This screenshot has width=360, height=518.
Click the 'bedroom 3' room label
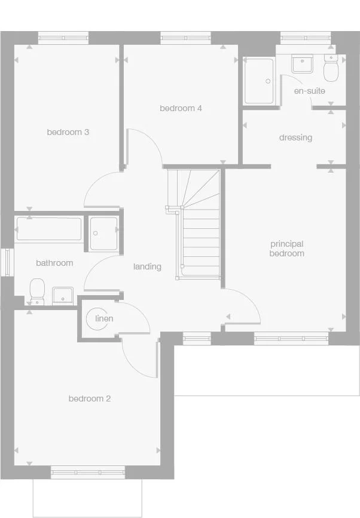coord(68,132)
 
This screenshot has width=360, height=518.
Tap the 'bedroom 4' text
coord(181,108)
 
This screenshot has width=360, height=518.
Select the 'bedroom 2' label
coord(89,399)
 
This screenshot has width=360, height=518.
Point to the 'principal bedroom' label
coord(287,249)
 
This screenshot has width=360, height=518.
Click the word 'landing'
coord(147,266)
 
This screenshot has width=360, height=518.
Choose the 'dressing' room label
coord(295,137)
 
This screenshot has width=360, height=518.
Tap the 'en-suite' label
coord(309,91)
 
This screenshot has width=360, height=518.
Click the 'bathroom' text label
coord(54,263)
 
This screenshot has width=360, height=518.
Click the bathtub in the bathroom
coord(48,229)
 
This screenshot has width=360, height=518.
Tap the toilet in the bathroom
coord(37,291)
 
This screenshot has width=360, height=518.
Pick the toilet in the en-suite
coord(330,70)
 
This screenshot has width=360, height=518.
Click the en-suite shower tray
coord(259,81)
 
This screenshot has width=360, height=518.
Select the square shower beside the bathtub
coord(104,232)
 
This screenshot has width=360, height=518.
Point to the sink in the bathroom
coord(62,295)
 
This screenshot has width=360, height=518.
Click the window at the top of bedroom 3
coord(63,38)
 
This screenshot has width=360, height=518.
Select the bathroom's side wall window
coord(7,262)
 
